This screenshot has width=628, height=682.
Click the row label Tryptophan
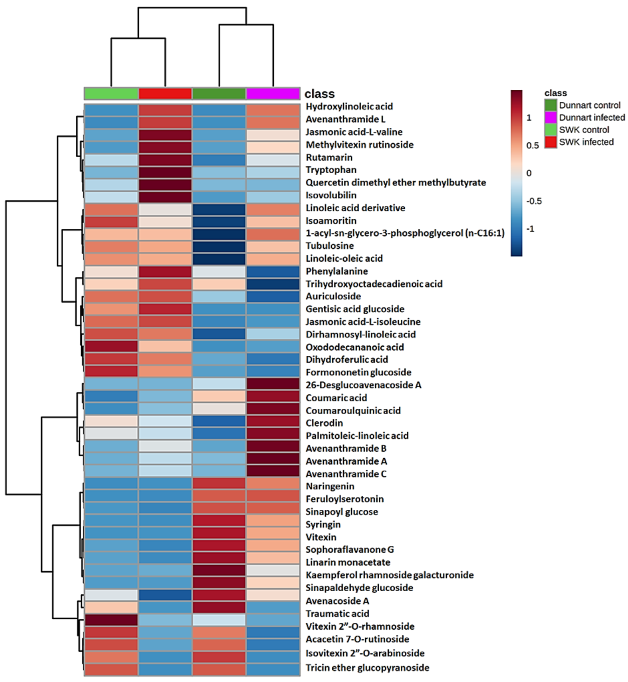click(x=331, y=170)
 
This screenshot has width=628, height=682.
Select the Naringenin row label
click(x=330, y=486)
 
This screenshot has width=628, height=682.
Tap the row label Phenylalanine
click(x=337, y=271)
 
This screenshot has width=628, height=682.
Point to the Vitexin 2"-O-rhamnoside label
click(x=360, y=626)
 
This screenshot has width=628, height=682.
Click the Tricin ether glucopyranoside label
click(x=367, y=668)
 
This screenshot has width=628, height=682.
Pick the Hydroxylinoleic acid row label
click(x=349, y=106)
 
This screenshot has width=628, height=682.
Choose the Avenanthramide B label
click(x=346, y=449)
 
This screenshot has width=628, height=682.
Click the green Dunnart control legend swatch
click(x=551, y=105)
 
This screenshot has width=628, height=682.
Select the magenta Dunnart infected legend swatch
click(x=551, y=117)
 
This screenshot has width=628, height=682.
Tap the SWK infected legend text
click(x=586, y=142)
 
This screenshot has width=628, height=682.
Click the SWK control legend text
click(x=584, y=130)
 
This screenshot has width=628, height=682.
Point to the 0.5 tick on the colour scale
click(x=532, y=146)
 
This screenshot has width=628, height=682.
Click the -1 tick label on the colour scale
click(x=530, y=229)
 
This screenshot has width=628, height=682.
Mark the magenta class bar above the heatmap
click(x=273, y=94)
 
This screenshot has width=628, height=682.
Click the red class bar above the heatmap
click(x=165, y=94)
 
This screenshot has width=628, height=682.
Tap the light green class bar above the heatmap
click(x=111, y=94)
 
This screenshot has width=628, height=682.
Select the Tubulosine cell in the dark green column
click(x=219, y=246)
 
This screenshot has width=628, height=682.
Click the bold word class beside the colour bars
click(x=320, y=94)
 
